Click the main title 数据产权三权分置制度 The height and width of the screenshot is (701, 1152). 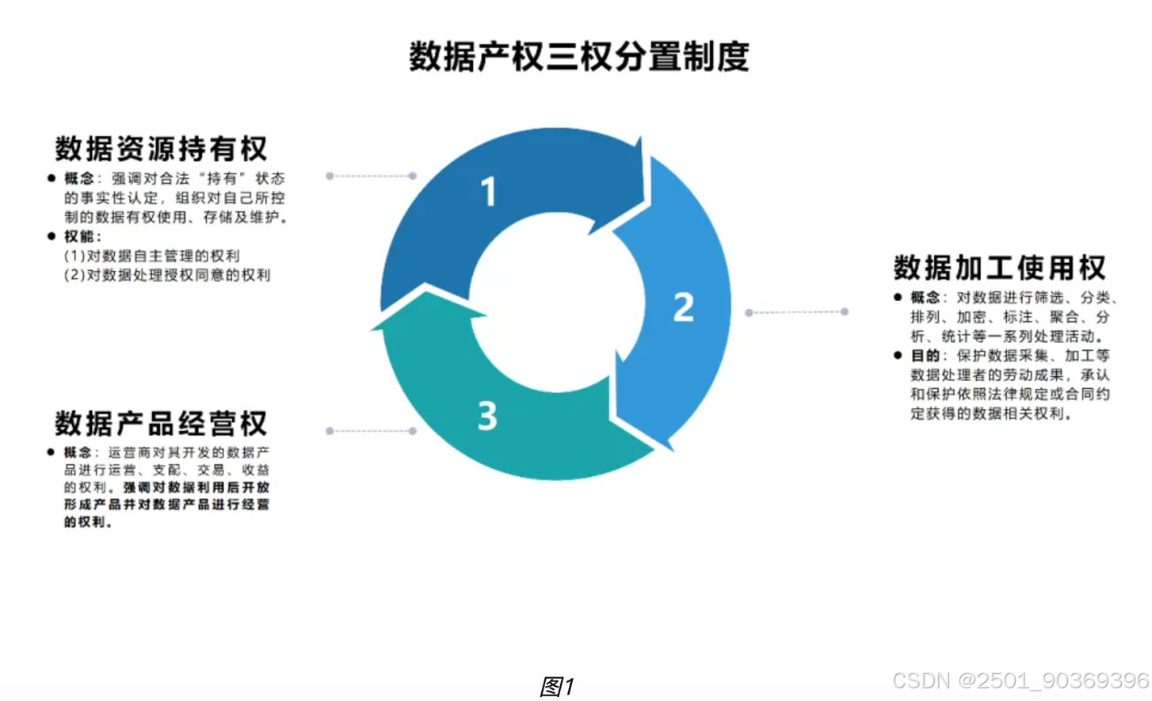tap(579, 57)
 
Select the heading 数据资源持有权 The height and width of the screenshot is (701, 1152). tap(162, 149)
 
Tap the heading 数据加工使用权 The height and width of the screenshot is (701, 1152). tap(1000, 268)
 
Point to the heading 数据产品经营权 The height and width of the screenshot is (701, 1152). tap(162, 424)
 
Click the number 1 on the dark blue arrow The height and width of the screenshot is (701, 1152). tap(489, 192)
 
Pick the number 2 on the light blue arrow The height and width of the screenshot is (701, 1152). tap(683, 307)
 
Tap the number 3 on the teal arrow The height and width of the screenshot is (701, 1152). tap(487, 416)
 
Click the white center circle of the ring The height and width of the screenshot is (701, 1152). tap(557, 305)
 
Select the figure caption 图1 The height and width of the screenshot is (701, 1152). tap(557, 686)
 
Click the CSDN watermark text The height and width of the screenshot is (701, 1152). tap(1020, 680)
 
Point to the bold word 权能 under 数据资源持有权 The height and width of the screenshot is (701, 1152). tap(79, 237)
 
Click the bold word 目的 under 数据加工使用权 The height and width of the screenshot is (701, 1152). tap(925, 356)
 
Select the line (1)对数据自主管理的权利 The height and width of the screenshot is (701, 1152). tap(152, 256)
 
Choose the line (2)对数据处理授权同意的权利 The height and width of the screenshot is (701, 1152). tap(167, 275)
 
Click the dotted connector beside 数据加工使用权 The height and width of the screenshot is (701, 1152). tap(796, 312)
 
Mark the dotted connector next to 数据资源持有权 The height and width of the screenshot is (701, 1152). tap(371, 176)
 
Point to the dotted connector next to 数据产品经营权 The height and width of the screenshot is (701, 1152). tap(371, 431)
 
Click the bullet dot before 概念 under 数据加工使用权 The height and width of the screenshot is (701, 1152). tap(898, 298)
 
